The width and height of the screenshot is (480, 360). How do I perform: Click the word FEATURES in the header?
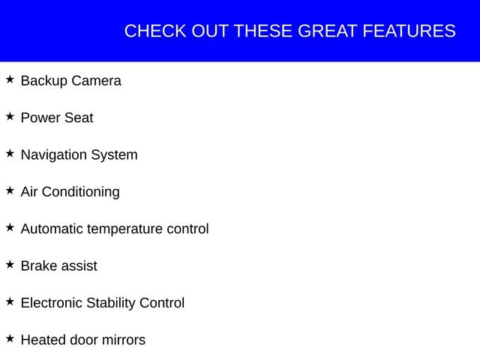click(409, 31)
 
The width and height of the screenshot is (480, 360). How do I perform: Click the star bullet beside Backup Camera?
click(10, 79)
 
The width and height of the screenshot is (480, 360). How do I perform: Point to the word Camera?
click(96, 80)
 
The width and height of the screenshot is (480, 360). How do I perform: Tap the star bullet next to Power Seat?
click(10, 116)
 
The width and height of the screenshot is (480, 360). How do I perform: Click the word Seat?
click(79, 118)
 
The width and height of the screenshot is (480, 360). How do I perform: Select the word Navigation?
click(54, 155)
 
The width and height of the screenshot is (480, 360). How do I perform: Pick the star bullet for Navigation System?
click(10, 153)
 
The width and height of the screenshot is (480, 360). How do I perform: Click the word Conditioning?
click(80, 192)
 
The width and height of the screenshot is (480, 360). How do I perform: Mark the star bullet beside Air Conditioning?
click(10, 190)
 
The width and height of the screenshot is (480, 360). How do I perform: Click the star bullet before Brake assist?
click(10, 264)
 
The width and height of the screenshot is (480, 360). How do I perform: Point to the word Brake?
click(38, 265)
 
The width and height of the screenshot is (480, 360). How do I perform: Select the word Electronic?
click(52, 303)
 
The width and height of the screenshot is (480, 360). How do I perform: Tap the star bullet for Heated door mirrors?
click(10, 338)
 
